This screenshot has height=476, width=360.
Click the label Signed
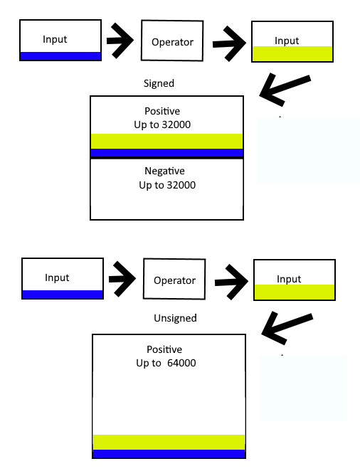pyautogui.click(x=159, y=83)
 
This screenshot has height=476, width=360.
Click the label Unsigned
pyautogui.click(x=175, y=318)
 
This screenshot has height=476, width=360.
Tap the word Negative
pyautogui.click(x=164, y=171)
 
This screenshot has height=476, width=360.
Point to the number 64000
pyautogui.click(x=181, y=364)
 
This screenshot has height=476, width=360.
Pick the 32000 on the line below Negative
pyautogui.click(x=180, y=186)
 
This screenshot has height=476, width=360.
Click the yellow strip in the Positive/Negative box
pyautogui.click(x=167, y=140)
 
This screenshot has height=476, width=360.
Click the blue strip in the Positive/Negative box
pyautogui.click(x=167, y=153)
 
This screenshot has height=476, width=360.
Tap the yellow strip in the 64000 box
pyautogui.click(x=169, y=441)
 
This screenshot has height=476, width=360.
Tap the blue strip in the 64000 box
pyautogui.click(x=169, y=454)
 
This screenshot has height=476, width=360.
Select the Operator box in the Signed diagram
pyautogui.click(x=172, y=42)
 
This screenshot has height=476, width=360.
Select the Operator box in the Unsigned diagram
pyautogui.click(x=174, y=280)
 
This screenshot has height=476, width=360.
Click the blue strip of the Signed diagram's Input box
pyautogui.click(x=60, y=56)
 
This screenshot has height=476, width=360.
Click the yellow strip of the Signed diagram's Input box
pyautogui.click(x=292, y=54)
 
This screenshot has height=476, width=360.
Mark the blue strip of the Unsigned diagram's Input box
pyautogui.click(x=63, y=295)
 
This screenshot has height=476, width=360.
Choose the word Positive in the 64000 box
pyautogui.click(x=164, y=349)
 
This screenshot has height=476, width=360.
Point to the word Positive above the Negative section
pyautogui.click(x=162, y=112)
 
